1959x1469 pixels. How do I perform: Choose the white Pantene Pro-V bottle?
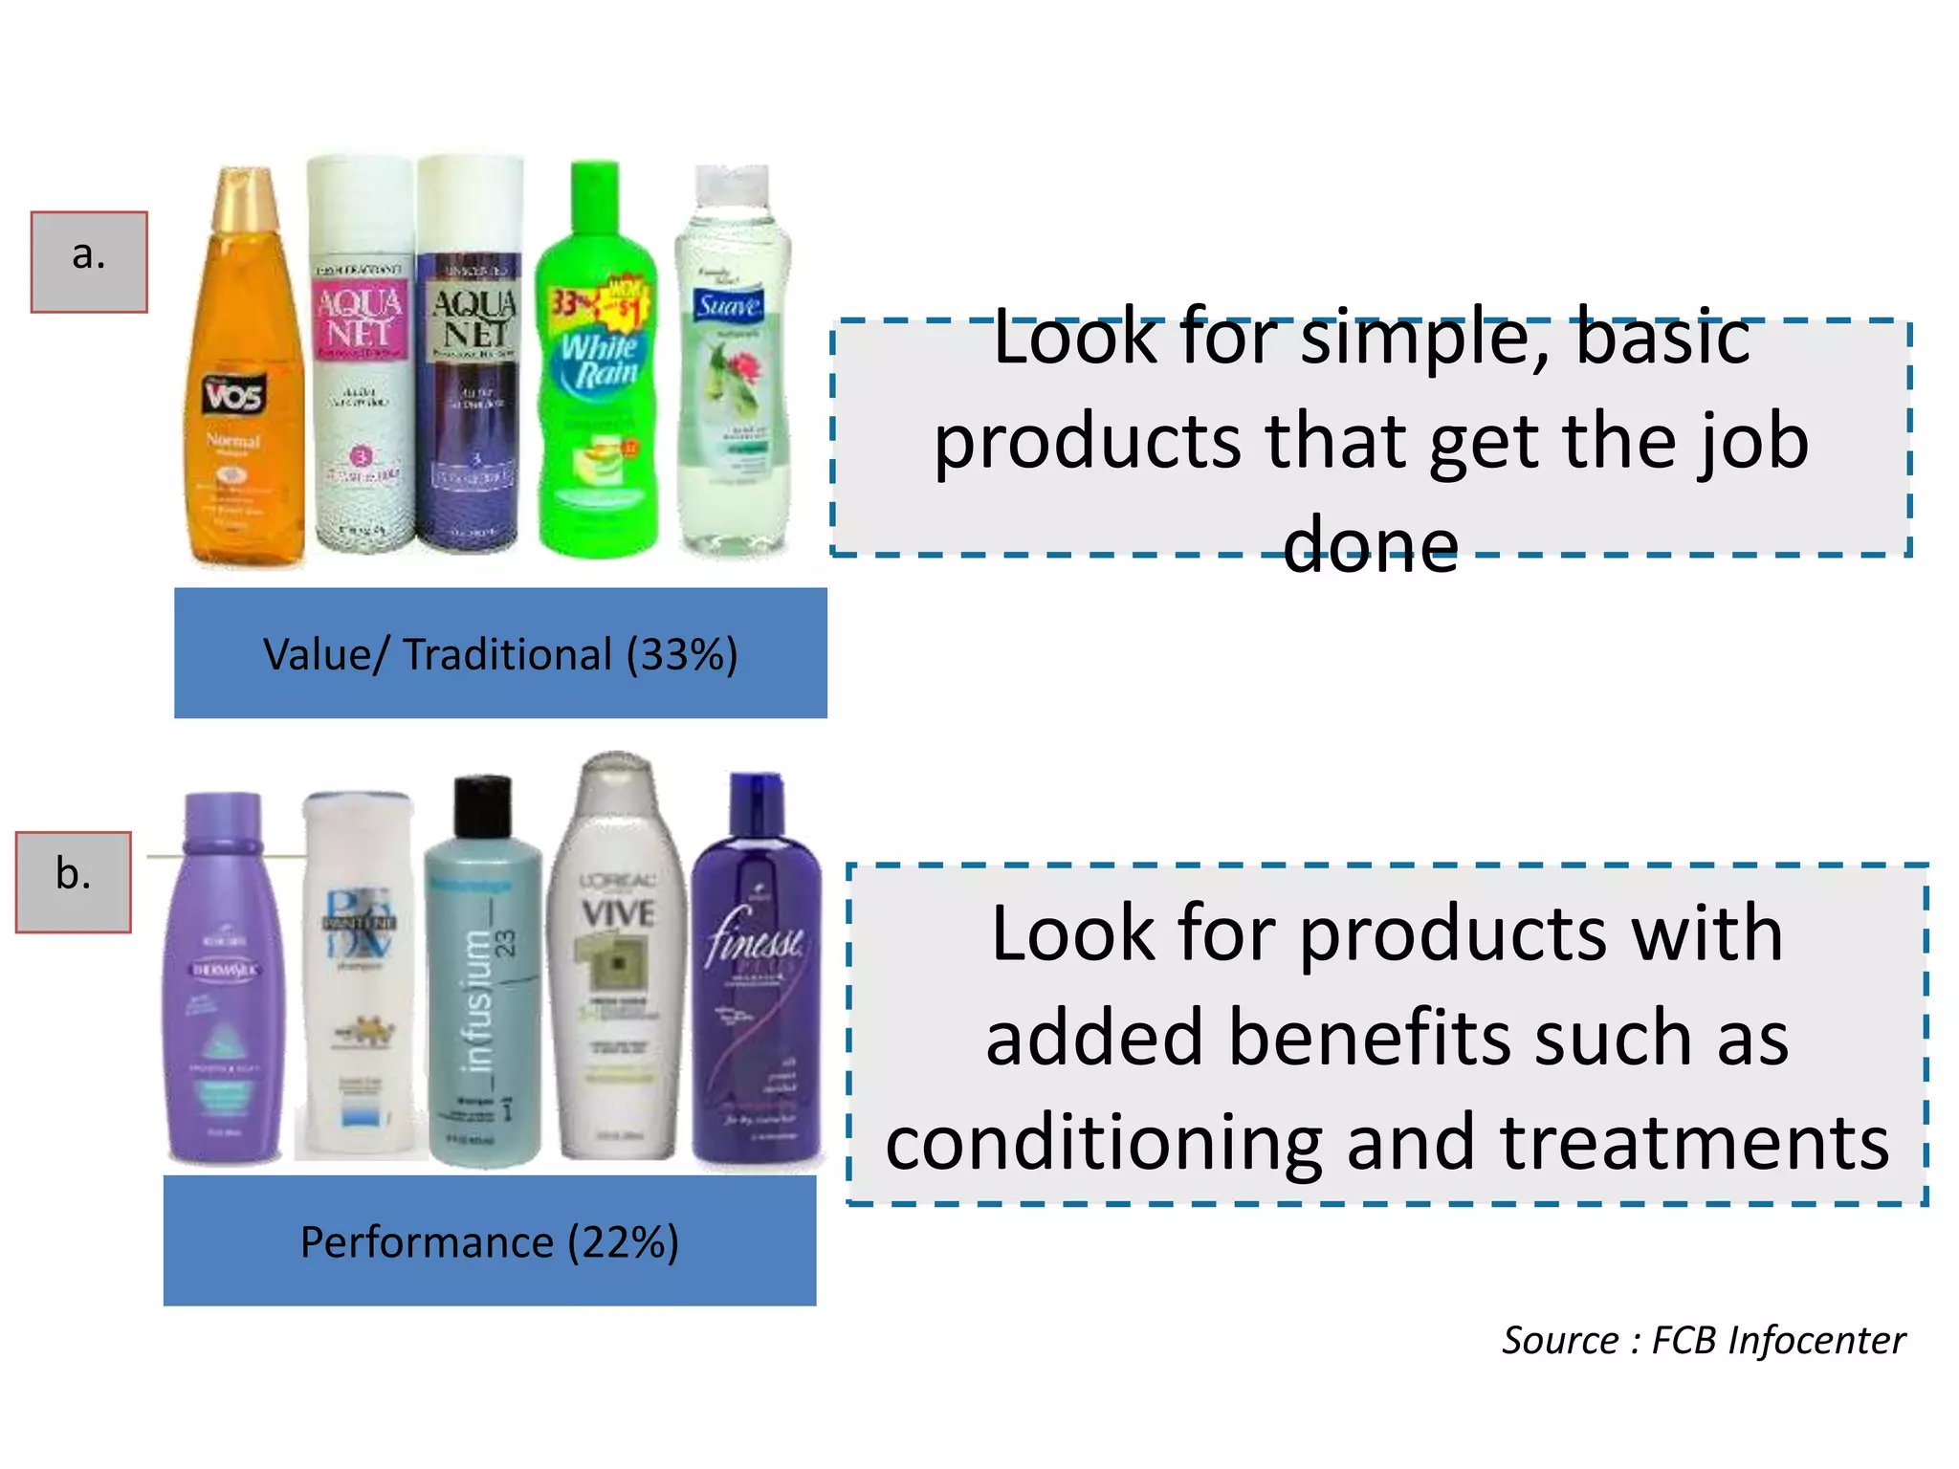pos(358,985)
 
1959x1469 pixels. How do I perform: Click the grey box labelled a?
pos(89,262)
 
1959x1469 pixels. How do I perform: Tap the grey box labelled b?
pos(74,882)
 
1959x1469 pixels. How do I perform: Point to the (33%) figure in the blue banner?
pos(682,655)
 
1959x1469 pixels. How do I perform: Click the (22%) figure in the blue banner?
pos(623,1242)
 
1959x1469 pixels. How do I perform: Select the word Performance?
pos(427,1242)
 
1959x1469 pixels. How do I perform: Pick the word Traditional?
pos(507,655)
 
